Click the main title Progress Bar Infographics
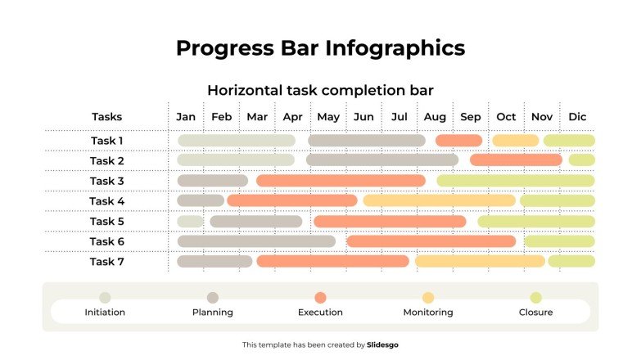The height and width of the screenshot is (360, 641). pyautogui.click(x=320, y=47)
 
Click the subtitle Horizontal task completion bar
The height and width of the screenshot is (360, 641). pyautogui.click(x=320, y=90)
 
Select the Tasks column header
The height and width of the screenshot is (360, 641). pyautogui.click(x=106, y=117)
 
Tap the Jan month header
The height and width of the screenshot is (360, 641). pyautogui.click(x=186, y=117)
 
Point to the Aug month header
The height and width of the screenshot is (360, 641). pyautogui.click(x=435, y=117)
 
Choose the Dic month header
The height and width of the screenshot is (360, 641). pyautogui.click(x=577, y=117)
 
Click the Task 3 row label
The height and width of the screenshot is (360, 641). pyautogui.click(x=106, y=181)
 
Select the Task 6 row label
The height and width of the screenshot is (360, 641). pyautogui.click(x=106, y=241)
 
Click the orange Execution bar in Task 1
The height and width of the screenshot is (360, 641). pyautogui.click(x=458, y=141)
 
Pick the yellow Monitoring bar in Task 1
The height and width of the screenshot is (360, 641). pyautogui.click(x=515, y=141)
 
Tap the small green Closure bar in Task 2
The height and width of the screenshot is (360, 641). pyautogui.click(x=582, y=160)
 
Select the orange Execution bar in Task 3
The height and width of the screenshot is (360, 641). pyautogui.click(x=341, y=181)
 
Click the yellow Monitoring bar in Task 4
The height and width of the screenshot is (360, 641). pyautogui.click(x=440, y=200)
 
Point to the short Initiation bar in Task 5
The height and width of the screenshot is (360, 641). pyautogui.click(x=190, y=221)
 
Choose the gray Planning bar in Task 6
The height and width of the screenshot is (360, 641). pyautogui.click(x=256, y=241)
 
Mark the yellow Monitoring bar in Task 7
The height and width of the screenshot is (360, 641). pyautogui.click(x=480, y=261)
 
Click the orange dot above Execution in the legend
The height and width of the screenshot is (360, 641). pyautogui.click(x=320, y=298)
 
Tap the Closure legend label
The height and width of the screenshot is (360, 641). pyautogui.click(x=535, y=313)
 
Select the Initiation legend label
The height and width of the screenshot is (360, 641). pyautogui.click(x=105, y=313)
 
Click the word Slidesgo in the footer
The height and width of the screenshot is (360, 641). pyautogui.click(x=383, y=345)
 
